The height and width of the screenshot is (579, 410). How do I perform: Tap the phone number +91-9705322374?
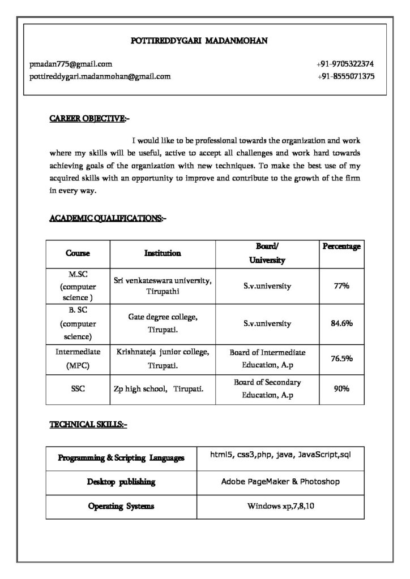345,64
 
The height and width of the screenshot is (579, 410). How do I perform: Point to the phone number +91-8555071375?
345,76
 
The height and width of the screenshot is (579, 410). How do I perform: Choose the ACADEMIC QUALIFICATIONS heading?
108,218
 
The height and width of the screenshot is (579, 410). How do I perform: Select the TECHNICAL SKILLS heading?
88,424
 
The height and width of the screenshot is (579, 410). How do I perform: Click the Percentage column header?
341,247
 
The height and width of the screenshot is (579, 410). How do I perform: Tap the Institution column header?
163,253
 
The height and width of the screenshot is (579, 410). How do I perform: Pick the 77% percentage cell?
341,286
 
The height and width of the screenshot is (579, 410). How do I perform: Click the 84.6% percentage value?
341,323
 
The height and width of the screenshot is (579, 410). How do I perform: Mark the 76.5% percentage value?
341,358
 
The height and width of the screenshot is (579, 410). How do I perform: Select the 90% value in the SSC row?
341,389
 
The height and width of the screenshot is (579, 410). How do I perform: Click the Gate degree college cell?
163,323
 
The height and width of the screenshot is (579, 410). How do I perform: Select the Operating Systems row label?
121,506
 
